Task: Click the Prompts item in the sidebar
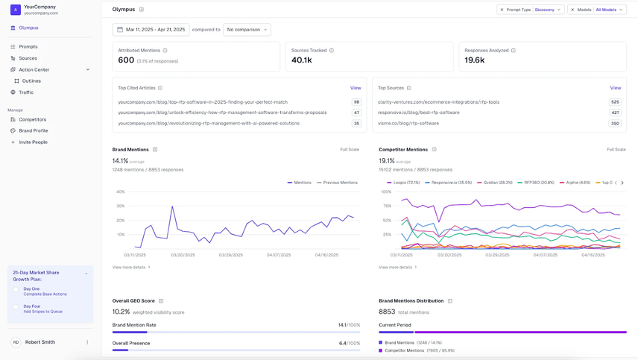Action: pos(28,47)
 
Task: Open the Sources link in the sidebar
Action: pos(28,58)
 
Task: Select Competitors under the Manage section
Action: pos(32,119)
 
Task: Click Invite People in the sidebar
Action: pos(33,142)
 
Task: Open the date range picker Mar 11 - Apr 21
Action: pos(151,30)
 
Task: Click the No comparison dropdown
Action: pos(247,30)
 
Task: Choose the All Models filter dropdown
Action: pos(610,10)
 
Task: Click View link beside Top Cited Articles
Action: pos(356,88)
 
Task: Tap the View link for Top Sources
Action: pos(615,88)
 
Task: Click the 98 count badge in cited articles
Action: pos(356,102)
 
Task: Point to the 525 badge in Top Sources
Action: pos(615,102)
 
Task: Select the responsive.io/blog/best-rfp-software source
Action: pos(418,113)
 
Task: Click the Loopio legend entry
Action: pos(403,183)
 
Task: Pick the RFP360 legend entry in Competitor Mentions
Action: pos(536,183)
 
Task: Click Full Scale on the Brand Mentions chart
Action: pos(350,150)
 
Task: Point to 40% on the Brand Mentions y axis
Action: pos(120,192)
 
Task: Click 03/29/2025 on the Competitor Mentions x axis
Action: pos(497,255)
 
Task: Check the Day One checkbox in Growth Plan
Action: pos(16,289)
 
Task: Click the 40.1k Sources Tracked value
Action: pos(302,60)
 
